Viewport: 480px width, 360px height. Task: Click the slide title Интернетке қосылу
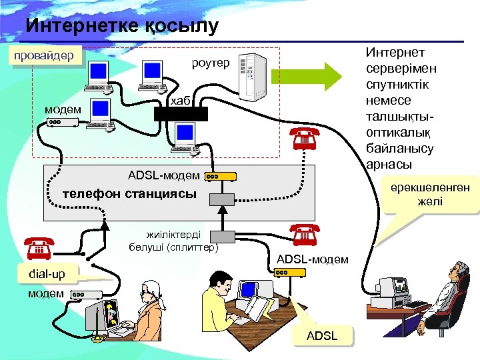point(122,26)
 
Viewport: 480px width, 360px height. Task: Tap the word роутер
point(211,63)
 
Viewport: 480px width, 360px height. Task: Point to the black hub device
point(181,113)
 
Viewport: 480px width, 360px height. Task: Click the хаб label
point(181,101)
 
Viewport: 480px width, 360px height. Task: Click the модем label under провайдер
point(63,109)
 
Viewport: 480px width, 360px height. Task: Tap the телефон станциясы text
point(129,194)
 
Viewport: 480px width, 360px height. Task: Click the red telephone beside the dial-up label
point(39,247)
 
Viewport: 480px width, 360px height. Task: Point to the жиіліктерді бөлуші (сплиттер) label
point(174,241)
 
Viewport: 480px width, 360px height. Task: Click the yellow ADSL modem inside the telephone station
point(220,176)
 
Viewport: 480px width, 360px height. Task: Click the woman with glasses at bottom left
point(150,307)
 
